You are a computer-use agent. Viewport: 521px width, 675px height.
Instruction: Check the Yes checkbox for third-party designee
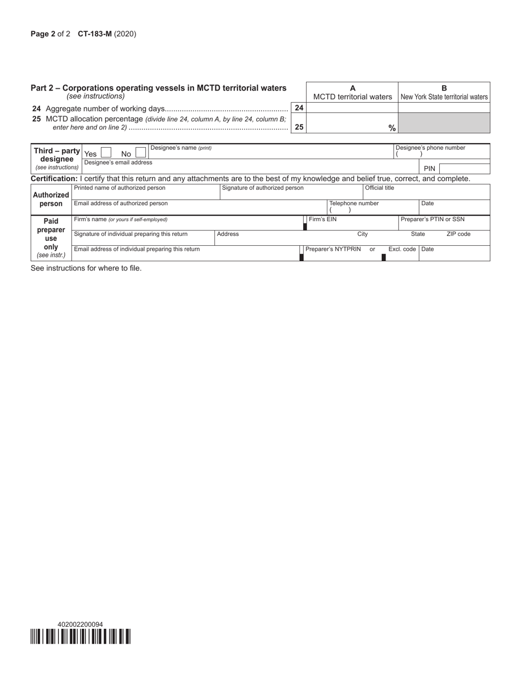point(106,153)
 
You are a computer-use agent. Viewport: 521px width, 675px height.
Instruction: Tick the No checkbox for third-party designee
point(140,153)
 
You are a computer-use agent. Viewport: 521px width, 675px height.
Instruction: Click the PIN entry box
point(465,168)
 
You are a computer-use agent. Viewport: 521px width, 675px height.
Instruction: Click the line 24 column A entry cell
point(352,108)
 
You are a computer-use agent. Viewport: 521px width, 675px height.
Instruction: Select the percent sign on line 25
point(392,128)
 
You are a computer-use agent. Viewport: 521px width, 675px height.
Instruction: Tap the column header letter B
point(444,88)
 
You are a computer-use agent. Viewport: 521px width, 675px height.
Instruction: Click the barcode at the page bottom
point(81,637)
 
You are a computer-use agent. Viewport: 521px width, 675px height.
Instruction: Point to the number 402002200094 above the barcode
point(80,625)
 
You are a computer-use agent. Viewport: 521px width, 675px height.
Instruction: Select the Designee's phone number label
point(430,148)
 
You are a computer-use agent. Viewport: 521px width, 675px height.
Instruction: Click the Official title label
point(380,188)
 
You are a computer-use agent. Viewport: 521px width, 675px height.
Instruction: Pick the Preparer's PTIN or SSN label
point(432,219)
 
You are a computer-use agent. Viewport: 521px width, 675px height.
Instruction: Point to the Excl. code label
point(402,249)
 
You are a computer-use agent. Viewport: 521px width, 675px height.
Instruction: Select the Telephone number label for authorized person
point(354,203)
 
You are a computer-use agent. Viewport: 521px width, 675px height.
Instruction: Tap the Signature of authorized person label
point(262,188)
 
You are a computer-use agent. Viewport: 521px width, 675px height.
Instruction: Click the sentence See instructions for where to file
point(86,268)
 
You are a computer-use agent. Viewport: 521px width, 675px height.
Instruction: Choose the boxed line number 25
point(299,127)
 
